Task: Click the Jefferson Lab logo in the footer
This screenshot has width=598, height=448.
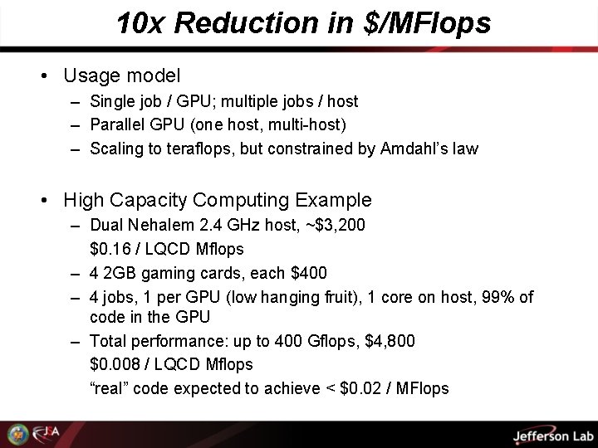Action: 551,436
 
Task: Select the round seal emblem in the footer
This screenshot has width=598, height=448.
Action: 17,434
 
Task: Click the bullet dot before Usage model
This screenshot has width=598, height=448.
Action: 43,76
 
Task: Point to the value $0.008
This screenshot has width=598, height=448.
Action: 113,364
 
